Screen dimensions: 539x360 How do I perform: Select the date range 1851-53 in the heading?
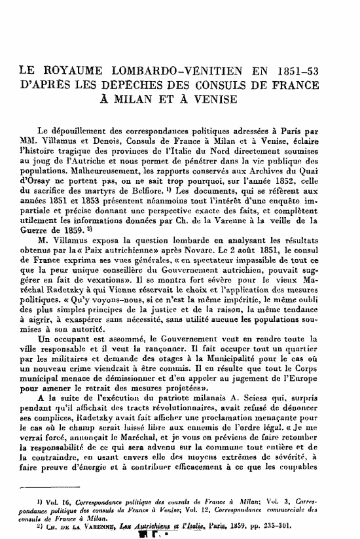coord(317,71)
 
